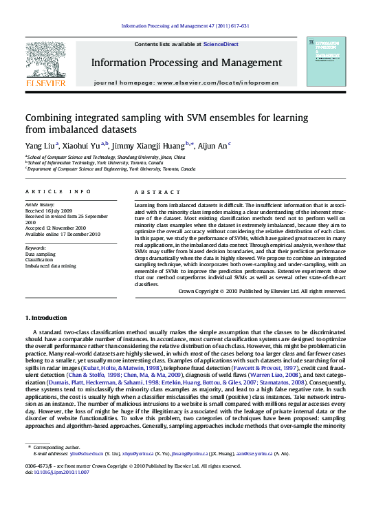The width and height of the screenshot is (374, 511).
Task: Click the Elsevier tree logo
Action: (45, 61)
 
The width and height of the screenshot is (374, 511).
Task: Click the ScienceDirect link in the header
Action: (221, 44)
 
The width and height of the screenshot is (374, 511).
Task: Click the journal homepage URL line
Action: (186, 83)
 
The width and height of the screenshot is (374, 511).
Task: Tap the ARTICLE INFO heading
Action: (58, 191)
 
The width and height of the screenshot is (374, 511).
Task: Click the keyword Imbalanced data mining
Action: (52, 265)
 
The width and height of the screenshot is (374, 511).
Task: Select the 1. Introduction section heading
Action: (46, 318)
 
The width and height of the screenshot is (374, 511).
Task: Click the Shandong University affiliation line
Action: (106, 157)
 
